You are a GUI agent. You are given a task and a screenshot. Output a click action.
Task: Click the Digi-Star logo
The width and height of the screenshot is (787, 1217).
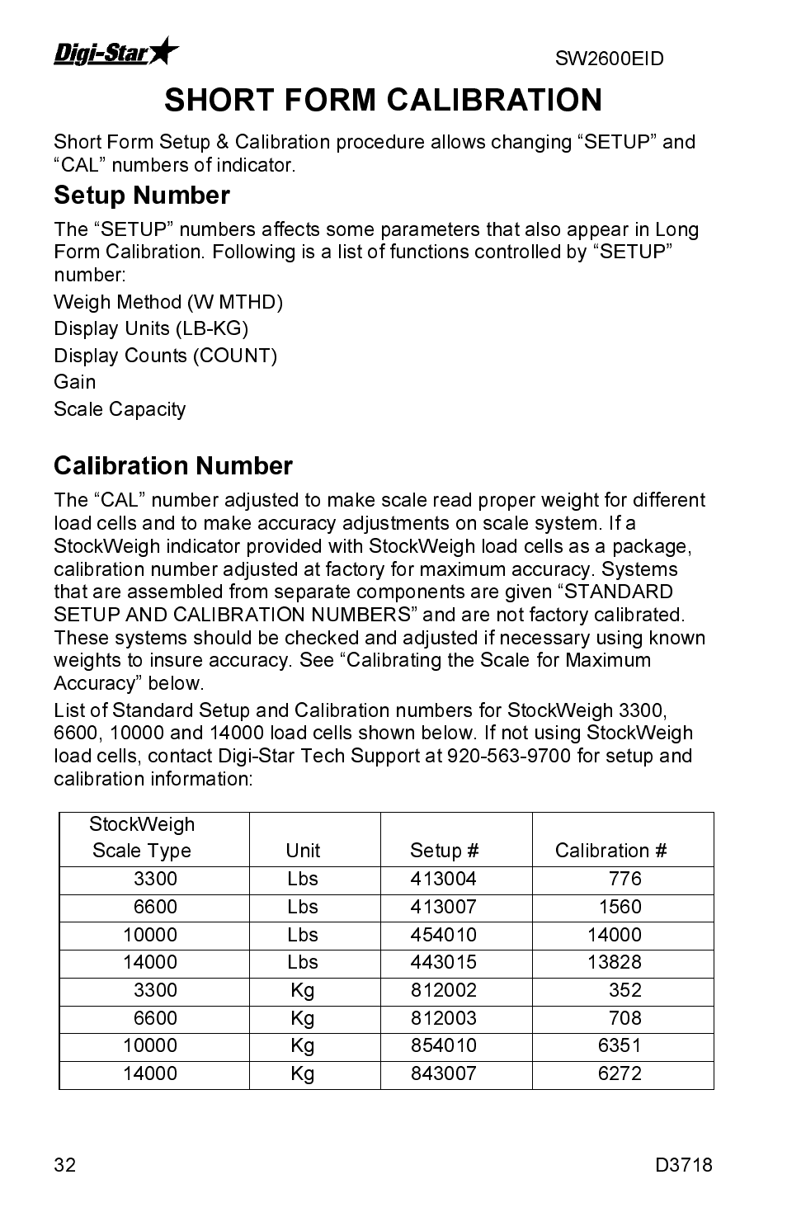tap(116, 53)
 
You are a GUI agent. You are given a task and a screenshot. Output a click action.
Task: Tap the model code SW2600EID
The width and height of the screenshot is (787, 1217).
tap(609, 59)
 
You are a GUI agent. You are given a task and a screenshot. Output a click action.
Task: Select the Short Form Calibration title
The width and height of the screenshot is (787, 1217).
tap(384, 100)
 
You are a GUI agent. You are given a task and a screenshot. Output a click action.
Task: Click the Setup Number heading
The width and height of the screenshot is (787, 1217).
tap(142, 196)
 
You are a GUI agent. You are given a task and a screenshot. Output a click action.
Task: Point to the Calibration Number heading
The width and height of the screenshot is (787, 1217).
tap(173, 466)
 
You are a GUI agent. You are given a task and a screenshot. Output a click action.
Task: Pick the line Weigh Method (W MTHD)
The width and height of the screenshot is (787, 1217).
tap(168, 302)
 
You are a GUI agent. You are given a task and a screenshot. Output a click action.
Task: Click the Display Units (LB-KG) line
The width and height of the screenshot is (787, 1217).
tap(151, 328)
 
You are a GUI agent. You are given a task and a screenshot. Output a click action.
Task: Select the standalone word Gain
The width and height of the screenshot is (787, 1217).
tap(75, 382)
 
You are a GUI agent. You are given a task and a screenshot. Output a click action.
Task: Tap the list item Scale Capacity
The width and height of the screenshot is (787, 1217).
tap(120, 409)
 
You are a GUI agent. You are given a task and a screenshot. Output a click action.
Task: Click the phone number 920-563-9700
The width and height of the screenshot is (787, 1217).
tap(509, 756)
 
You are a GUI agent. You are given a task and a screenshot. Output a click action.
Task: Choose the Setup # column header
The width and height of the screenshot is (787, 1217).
tap(444, 851)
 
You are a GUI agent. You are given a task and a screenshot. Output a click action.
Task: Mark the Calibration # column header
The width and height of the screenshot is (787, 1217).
tap(610, 851)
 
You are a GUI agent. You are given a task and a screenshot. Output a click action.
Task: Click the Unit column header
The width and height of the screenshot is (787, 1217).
tap(303, 851)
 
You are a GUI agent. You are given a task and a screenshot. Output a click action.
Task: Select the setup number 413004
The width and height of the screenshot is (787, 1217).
tap(444, 879)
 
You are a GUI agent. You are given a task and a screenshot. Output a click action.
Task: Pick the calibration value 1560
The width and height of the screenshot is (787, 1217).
tap(620, 907)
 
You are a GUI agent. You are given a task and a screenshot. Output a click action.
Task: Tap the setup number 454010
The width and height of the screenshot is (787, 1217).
tap(444, 935)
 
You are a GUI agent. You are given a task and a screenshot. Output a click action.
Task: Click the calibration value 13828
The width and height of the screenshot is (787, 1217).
tap(614, 962)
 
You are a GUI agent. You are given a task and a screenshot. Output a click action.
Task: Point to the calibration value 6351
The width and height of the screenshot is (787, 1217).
tap(620, 1045)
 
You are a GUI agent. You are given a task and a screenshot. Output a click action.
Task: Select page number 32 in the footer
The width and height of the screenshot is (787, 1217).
tap(65, 1165)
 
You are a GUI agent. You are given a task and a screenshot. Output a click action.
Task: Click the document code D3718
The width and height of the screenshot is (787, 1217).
tap(684, 1165)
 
